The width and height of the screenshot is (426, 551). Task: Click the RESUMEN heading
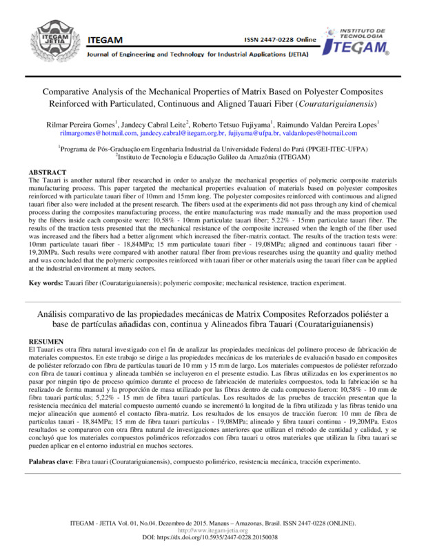click(x=46, y=342)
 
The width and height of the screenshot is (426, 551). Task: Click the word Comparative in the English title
click(x=72, y=92)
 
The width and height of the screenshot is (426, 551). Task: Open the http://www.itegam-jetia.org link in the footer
click(x=212, y=530)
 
